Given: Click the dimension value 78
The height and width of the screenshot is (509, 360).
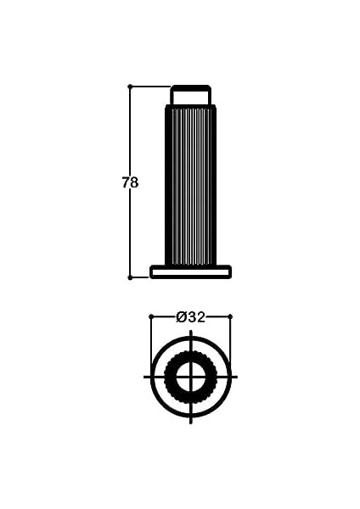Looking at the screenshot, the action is pyautogui.click(x=130, y=182).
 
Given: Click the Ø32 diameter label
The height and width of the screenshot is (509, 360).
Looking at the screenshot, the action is pyautogui.click(x=191, y=316).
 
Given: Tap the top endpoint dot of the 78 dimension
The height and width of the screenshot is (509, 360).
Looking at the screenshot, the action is pyautogui.click(x=130, y=87).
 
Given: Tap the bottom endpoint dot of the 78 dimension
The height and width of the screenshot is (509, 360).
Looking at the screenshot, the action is pyautogui.click(x=130, y=277).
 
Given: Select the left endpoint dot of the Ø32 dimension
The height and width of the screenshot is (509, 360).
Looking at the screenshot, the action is pyautogui.click(x=151, y=316).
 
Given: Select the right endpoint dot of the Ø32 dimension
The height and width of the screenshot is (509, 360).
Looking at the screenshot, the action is pyautogui.click(x=230, y=316).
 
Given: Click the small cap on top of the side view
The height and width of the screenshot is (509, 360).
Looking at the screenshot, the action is pyautogui.click(x=191, y=95).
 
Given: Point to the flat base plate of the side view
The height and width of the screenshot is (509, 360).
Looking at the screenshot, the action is pyautogui.click(x=191, y=271).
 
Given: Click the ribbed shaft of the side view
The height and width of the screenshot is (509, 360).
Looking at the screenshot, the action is pyautogui.click(x=191, y=185).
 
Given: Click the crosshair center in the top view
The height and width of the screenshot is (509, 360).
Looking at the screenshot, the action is pyautogui.click(x=191, y=377).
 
